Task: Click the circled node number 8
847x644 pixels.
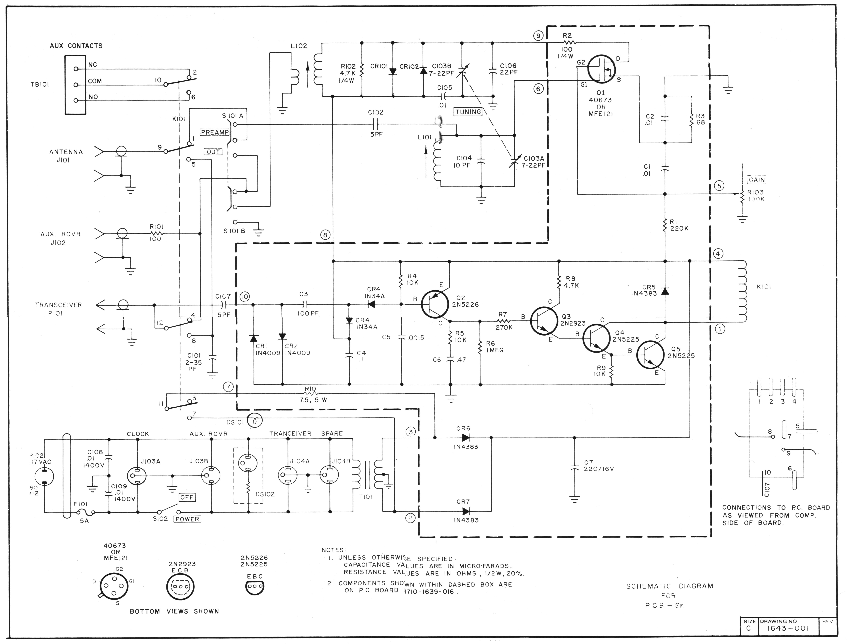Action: click(325, 235)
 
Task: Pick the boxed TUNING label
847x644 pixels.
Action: click(468, 112)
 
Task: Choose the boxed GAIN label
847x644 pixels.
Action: click(757, 180)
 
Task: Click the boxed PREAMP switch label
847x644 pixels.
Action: click(215, 132)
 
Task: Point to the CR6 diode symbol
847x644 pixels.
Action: click(466, 437)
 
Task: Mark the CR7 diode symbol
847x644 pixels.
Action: click(466, 511)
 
